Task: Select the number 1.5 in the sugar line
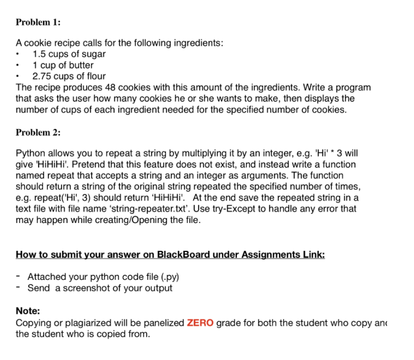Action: click(39, 54)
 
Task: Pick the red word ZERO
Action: click(200, 323)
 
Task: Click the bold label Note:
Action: click(28, 311)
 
